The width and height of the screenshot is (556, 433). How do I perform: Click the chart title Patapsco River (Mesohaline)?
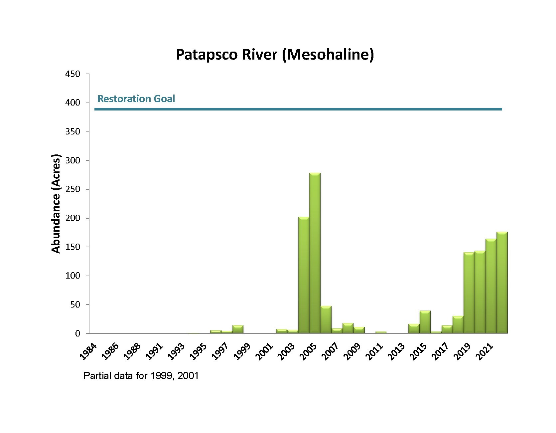coord(275,55)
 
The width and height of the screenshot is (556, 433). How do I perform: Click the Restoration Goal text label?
coord(136,99)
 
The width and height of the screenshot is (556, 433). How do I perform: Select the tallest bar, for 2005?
coord(315,253)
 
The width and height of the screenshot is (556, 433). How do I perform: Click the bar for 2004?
coord(304,275)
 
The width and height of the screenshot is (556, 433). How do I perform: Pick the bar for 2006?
coord(326,320)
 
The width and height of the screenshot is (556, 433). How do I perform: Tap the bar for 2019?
coord(469,293)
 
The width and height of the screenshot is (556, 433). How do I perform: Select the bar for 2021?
coord(491,286)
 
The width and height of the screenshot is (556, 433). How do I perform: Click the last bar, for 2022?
coord(502,283)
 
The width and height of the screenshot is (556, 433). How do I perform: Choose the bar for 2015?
coord(425,322)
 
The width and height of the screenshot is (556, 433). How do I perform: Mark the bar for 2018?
coord(458,325)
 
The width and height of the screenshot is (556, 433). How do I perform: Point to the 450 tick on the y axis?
coord(72,74)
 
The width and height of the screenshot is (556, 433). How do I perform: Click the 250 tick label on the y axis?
coord(72,189)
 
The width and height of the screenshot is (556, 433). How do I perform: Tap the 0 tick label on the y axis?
coord(77,333)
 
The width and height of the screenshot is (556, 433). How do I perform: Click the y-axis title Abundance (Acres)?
coord(56,204)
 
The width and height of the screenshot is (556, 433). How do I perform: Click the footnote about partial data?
coord(141,376)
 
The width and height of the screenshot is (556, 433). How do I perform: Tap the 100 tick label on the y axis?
coord(72,276)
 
